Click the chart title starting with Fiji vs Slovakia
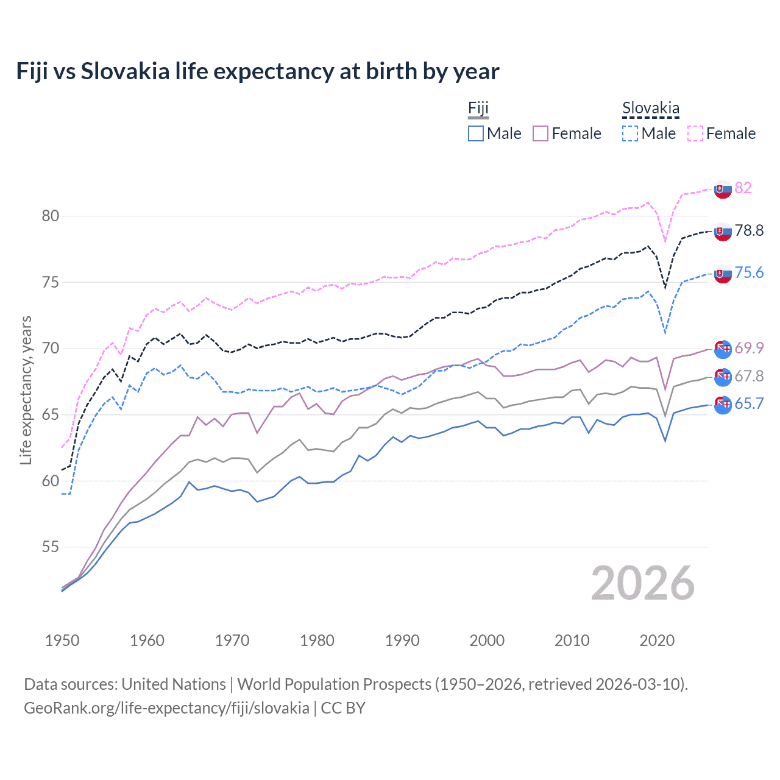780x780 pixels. [257, 71]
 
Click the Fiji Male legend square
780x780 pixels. [476, 133]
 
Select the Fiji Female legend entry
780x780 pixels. [567, 133]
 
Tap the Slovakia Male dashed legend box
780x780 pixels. [630, 133]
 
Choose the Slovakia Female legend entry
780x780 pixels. [722, 133]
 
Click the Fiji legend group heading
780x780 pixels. [478, 109]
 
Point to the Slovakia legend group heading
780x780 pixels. [650, 109]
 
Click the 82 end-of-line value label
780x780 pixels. [743, 188]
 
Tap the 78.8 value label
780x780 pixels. [749, 230]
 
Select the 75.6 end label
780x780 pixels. [749, 272]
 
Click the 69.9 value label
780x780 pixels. [749, 348]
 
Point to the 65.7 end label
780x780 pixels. [749, 403]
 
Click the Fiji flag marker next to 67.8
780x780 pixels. [723, 377]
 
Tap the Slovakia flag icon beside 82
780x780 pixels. [723, 189]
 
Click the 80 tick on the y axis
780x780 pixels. [51, 216]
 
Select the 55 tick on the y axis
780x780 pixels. [51, 547]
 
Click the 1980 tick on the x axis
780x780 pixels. [317, 640]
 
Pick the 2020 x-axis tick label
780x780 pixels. [657, 640]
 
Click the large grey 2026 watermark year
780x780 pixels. [642, 583]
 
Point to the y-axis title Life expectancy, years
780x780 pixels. [26, 390]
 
